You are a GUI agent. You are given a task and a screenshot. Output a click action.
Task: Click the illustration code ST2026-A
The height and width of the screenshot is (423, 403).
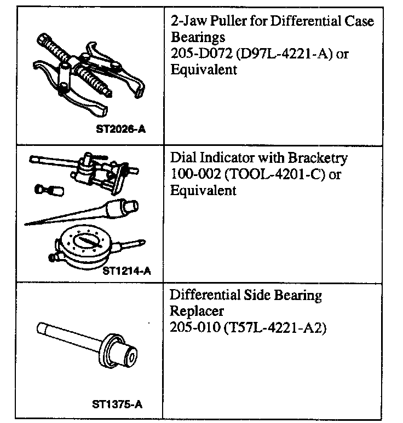[123, 130]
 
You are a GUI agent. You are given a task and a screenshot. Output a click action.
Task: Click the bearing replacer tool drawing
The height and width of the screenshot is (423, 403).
[96, 344]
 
